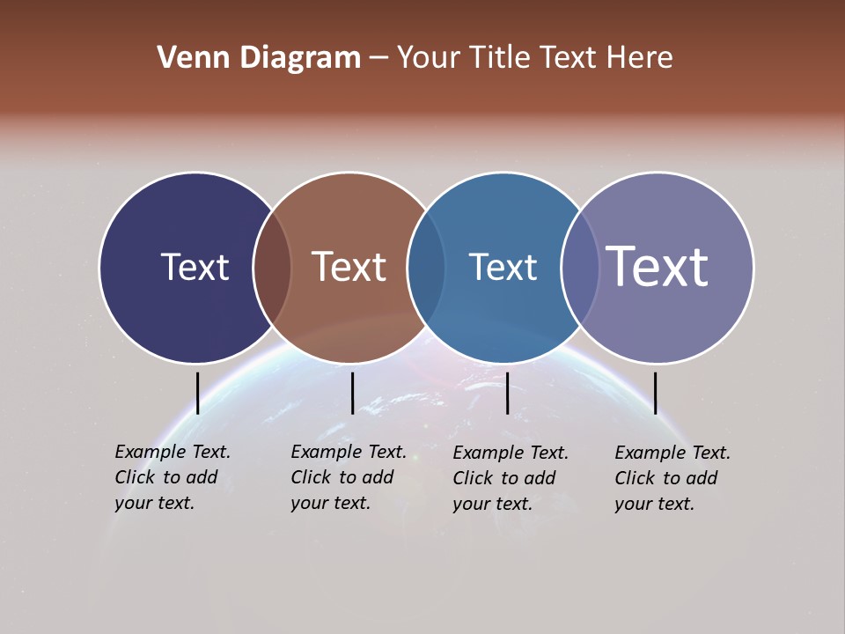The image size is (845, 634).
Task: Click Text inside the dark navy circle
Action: [195, 267]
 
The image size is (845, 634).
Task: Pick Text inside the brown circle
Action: [349, 267]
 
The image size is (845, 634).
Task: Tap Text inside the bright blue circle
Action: [503, 267]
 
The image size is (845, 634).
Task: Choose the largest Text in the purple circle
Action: [657, 267]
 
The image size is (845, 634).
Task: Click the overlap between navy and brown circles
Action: [272, 268]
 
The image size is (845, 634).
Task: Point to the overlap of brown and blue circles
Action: [426, 268]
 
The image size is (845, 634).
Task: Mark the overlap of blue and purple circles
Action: [580, 268]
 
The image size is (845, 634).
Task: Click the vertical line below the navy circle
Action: [197, 393]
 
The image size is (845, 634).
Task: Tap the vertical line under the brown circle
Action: [352, 393]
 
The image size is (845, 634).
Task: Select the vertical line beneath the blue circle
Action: [507, 393]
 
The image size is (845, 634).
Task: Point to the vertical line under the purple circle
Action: [655, 393]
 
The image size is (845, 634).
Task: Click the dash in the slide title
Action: [378, 59]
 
